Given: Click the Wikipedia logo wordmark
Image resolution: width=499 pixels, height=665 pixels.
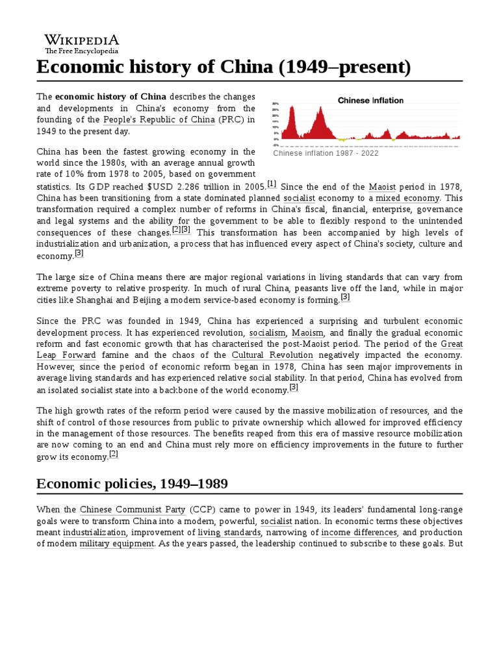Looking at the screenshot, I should pos(81,40).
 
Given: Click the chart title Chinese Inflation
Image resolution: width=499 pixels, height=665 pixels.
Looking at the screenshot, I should pos(370,100).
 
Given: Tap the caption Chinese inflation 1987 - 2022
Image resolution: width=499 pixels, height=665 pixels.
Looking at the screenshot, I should pos(326,154).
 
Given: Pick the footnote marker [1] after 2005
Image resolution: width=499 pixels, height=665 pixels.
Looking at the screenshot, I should pos(272,184).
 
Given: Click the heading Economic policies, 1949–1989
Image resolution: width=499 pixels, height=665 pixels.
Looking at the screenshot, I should pos(132,484).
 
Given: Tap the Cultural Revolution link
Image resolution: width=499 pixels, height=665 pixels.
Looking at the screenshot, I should pos(272,355).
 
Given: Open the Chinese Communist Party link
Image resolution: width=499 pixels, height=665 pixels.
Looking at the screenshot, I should pos(133,510).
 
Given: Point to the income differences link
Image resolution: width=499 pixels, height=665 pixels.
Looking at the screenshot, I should pos(350,533).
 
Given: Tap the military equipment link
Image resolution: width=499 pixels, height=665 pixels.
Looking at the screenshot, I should pos(117,544).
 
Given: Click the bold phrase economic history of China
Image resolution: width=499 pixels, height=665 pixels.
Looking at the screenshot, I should pos(110,96).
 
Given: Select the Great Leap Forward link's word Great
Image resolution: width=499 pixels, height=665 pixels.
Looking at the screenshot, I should pos(452,344).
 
